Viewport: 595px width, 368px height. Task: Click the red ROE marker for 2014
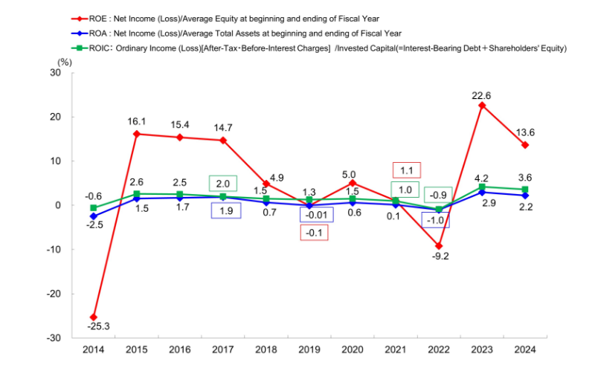[x=94, y=317]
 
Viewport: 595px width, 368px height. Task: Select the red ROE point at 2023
[x=482, y=106]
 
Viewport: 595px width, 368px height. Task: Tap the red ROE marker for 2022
[x=439, y=246]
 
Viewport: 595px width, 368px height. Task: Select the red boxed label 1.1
[x=406, y=170]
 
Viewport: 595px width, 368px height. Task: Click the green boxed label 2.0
[x=223, y=183]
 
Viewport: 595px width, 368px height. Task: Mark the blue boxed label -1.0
[x=436, y=220]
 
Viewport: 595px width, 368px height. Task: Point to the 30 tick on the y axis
[x=56, y=73]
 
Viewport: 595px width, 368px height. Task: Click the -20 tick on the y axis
[x=54, y=294]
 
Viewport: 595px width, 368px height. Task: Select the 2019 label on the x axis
[x=309, y=350]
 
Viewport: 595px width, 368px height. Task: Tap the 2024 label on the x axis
[x=525, y=350]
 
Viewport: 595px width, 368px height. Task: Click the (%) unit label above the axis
[x=65, y=61]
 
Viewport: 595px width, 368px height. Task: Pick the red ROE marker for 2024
[x=525, y=145]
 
